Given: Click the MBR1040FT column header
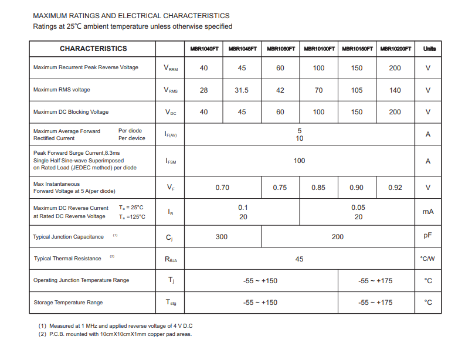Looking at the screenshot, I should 203,49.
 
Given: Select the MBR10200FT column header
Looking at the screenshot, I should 396,49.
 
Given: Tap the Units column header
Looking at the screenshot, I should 429,49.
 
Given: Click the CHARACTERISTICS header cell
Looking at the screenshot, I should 93,49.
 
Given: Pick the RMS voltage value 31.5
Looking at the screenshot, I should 242,90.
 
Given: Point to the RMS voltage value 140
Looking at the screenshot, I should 395,90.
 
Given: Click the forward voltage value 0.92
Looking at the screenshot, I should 395,188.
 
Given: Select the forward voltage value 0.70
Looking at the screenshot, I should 222,188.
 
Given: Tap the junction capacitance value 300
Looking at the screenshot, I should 222,237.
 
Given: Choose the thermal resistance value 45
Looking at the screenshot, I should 299,259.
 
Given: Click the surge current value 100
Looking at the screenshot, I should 299,161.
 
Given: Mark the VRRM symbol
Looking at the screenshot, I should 170,69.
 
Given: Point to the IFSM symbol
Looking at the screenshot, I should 170,161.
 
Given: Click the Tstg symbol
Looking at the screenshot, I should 170,303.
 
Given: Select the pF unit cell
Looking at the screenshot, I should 428,236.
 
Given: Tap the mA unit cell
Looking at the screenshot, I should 428,212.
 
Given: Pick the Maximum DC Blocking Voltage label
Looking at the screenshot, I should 71,112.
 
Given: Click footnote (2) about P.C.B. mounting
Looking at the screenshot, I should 115,334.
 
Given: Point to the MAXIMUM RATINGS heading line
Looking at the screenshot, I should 131,16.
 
